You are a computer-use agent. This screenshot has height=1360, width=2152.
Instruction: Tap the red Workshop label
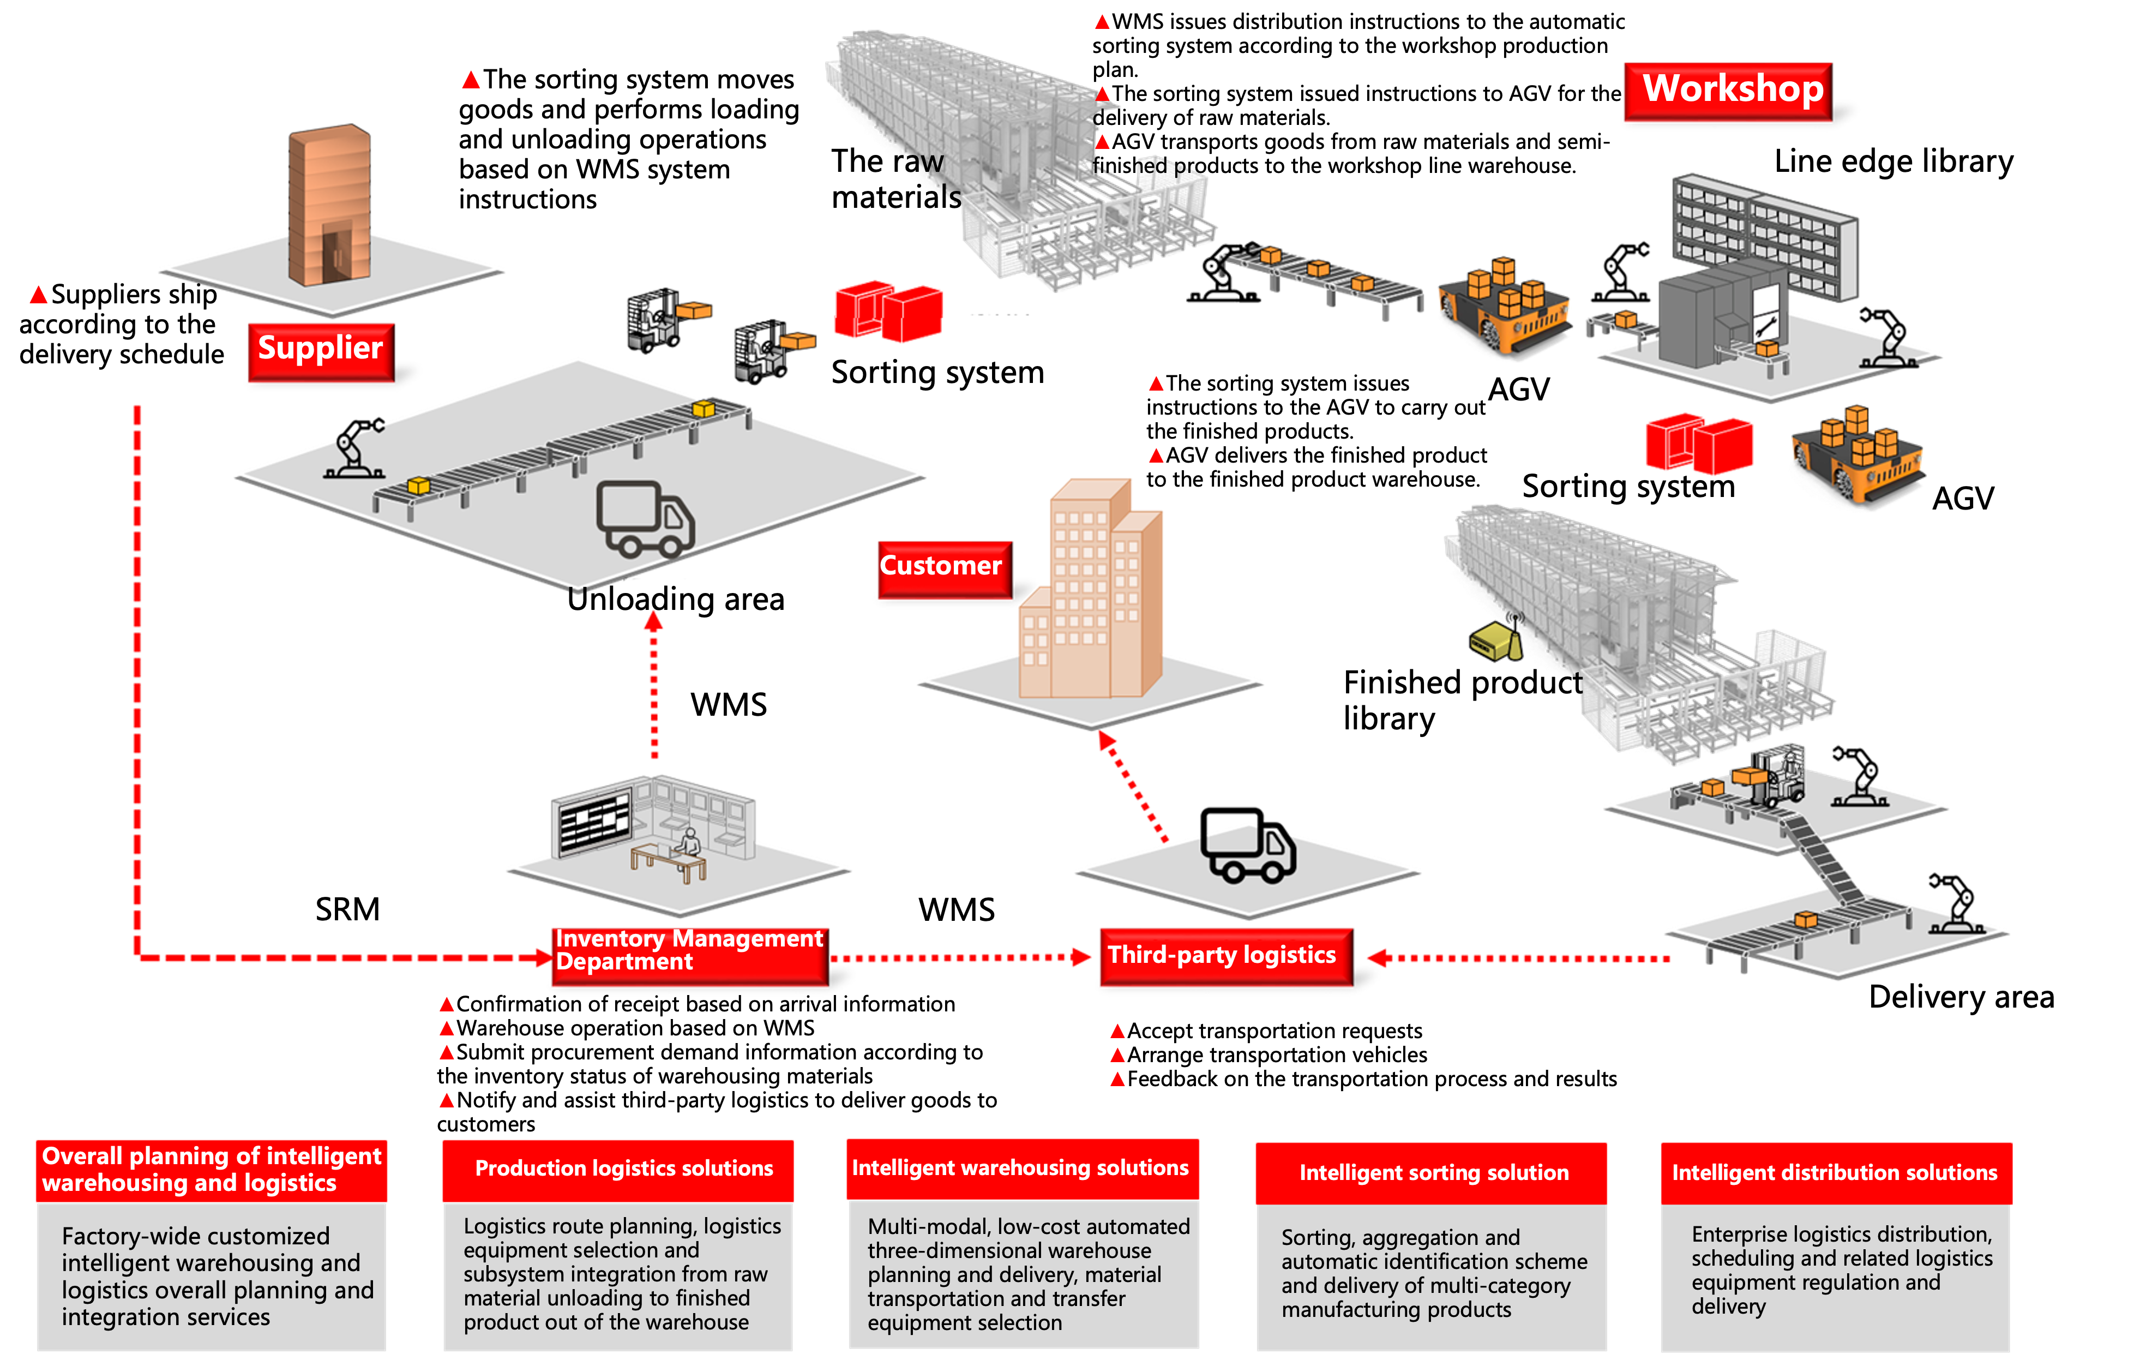coord(1728,91)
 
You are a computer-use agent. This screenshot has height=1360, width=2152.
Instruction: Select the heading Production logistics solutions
coord(623,1169)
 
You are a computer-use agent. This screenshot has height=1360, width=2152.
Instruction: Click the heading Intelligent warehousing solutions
coord(1020,1168)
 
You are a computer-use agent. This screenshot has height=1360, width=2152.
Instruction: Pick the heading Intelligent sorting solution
coord(1433,1173)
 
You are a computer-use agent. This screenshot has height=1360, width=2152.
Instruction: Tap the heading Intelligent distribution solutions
coord(1835,1173)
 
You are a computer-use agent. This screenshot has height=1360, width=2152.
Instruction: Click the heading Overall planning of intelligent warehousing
coord(212,1170)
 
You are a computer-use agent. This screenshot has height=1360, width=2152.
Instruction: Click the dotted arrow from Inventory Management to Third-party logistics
coord(961,957)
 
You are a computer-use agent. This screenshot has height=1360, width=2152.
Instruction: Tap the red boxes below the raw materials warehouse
coord(888,310)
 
